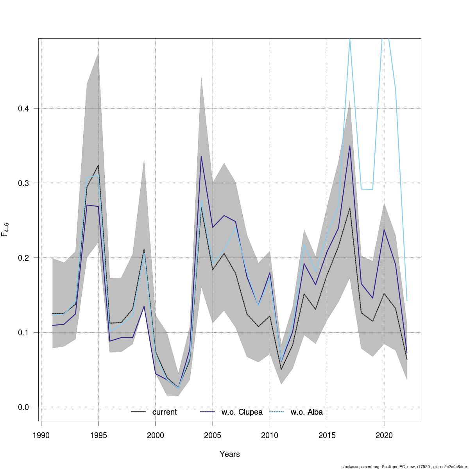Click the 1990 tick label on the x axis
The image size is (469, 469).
[41, 436]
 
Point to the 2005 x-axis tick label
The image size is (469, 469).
[213, 436]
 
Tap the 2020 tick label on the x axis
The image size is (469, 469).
[384, 436]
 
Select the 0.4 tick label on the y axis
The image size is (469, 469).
[23, 109]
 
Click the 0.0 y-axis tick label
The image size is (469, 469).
[23, 407]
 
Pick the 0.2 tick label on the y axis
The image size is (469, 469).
[23, 258]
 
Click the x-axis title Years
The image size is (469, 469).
[230, 454]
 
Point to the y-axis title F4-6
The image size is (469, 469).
[5, 229]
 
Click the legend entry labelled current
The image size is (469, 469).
[165, 412]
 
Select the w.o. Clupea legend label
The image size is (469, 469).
[242, 412]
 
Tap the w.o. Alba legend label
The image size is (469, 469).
[307, 412]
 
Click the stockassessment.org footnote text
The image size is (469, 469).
[404, 467]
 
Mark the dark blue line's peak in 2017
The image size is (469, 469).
[350, 146]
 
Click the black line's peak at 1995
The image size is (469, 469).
[98, 165]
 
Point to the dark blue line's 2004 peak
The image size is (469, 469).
[201, 156]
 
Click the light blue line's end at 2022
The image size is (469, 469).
[407, 300]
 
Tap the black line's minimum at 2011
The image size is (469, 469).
[281, 369]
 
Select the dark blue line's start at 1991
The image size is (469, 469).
[52, 325]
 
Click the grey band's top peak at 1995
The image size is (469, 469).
[98, 53]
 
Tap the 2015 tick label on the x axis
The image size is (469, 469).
[327, 436]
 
